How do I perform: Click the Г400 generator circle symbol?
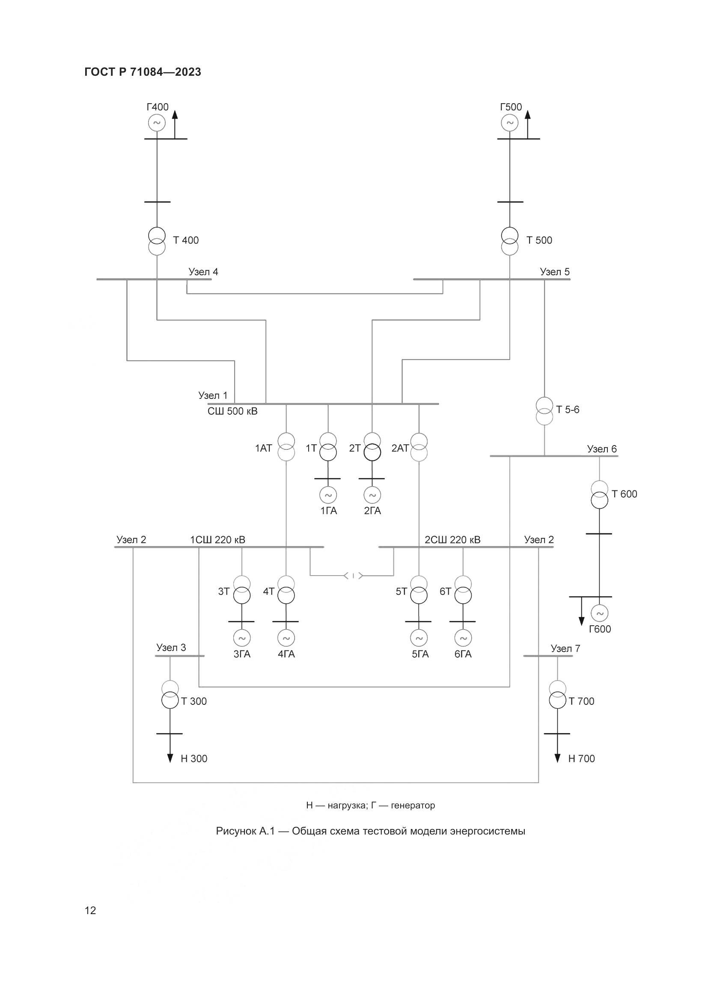tap(157, 122)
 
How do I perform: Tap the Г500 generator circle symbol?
tap(509, 122)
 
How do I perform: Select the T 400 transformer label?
tap(186, 240)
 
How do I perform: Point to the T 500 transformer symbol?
tap(509, 241)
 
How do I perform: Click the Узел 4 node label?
tap(203, 272)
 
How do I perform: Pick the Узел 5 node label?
tap(554, 272)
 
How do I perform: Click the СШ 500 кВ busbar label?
tap(232, 411)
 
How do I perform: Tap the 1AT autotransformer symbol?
tap(286, 447)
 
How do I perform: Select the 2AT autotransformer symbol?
tap(419, 447)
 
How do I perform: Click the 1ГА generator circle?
tap(328, 495)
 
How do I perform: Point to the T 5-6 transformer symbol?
tap(544, 411)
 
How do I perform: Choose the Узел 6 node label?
tap(601, 449)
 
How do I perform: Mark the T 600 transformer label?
tap(624, 494)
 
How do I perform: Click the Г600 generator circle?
tap(599, 613)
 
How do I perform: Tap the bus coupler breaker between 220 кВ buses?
tap(353, 576)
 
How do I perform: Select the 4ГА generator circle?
tap(286, 638)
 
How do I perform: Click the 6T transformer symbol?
tap(463, 590)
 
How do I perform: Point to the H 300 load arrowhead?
tap(170, 758)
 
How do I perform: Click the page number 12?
tap(90, 910)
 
